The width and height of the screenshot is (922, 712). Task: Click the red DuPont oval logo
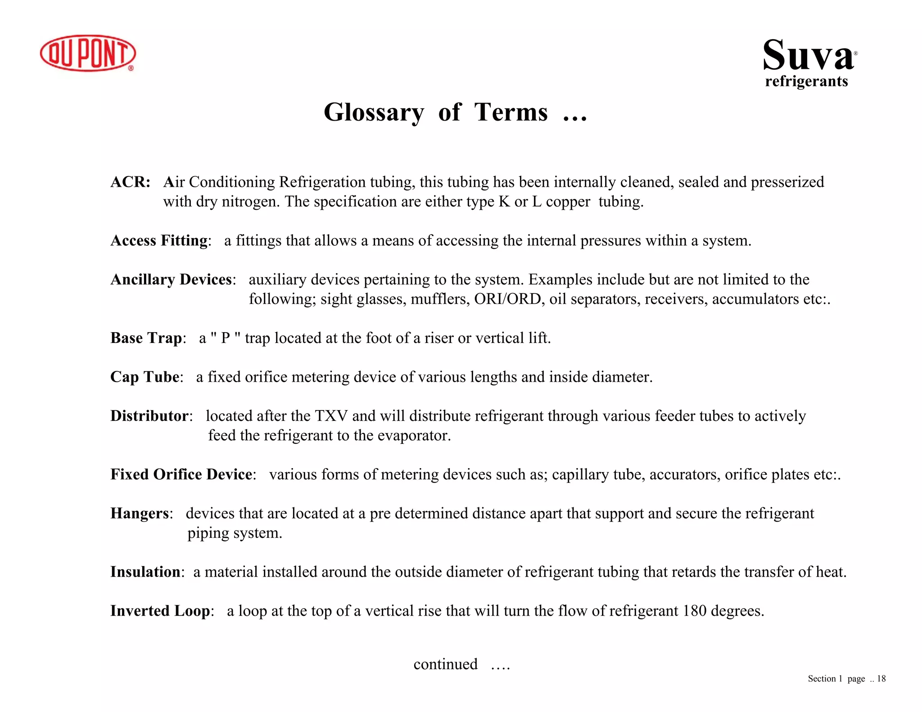[x=88, y=53]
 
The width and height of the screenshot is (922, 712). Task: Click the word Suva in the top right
[x=808, y=56]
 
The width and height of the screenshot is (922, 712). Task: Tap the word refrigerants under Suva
[x=806, y=81]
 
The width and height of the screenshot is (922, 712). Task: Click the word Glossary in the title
[x=373, y=112]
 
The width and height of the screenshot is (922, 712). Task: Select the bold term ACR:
[x=131, y=182]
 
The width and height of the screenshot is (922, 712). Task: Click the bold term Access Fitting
[x=159, y=240]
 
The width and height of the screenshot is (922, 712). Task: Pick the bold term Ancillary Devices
[x=172, y=279]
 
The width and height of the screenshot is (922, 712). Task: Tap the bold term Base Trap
[x=146, y=338]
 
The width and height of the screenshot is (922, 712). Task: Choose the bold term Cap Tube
[x=145, y=377]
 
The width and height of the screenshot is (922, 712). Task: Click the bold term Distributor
[x=149, y=416]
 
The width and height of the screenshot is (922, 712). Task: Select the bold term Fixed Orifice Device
[x=181, y=474]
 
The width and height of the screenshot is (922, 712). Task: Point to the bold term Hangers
[x=140, y=513]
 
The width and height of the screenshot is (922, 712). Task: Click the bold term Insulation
[x=145, y=572]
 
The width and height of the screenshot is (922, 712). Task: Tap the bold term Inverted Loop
[x=160, y=611]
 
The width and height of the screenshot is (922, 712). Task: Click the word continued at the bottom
[x=445, y=664]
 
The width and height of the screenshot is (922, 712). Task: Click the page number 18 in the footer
[x=881, y=679]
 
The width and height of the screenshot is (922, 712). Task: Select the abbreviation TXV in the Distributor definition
[x=331, y=416]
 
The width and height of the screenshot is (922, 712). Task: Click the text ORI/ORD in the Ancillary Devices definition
[x=507, y=299]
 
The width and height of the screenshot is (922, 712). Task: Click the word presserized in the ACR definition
[x=787, y=182]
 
